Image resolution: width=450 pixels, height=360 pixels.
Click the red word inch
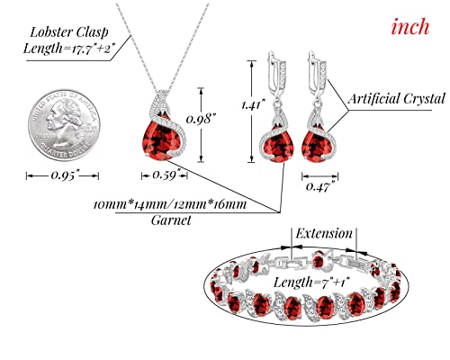410,27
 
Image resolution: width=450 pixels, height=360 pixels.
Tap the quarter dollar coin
64,125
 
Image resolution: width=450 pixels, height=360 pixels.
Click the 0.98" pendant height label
201,119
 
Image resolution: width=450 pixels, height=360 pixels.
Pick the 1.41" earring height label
253,104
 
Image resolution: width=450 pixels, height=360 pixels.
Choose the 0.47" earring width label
319,187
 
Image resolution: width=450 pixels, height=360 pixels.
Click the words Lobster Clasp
69,32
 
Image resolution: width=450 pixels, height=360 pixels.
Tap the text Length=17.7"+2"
69,48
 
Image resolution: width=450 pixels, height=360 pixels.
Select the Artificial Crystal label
397,99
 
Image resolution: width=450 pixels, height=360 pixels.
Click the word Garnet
171,220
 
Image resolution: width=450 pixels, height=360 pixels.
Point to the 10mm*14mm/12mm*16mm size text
170,205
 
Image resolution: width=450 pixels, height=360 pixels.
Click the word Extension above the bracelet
324,233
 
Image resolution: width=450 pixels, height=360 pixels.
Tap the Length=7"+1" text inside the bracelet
312,283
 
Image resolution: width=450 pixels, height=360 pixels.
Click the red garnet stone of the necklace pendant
160,140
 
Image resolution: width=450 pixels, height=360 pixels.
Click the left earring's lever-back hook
274,73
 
